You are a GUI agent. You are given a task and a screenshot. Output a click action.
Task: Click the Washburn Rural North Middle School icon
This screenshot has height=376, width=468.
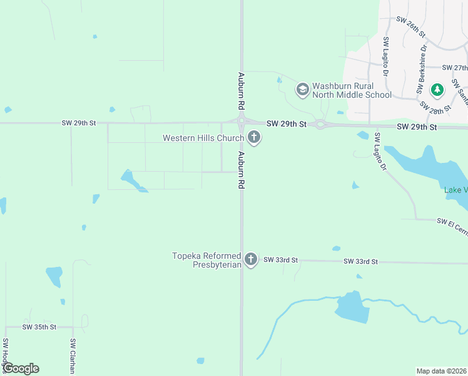303,90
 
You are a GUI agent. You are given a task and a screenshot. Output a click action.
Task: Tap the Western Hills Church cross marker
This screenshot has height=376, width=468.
254,137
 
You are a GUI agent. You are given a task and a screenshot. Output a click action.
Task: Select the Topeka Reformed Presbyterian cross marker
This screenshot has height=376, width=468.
251,259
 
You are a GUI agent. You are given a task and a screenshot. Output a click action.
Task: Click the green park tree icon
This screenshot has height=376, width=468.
437,90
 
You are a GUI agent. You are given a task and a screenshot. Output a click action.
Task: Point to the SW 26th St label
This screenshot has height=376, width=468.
410,25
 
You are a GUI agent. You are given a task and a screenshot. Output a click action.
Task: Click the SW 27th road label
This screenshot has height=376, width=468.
454,68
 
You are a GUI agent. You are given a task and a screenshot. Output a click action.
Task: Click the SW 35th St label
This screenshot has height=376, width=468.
39,327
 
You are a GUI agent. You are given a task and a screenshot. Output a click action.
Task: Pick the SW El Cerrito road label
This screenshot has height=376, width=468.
452,222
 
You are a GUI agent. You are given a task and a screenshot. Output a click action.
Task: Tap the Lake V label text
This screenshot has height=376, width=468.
455,190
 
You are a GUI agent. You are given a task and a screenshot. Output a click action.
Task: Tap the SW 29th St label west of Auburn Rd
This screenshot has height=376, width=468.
79,123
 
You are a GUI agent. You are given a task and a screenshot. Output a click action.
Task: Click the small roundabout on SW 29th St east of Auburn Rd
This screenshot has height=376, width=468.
320,124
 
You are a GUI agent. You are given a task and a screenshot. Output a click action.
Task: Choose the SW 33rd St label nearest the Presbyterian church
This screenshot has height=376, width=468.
281,259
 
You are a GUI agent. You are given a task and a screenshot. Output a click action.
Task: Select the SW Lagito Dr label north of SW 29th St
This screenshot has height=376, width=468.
386,57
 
